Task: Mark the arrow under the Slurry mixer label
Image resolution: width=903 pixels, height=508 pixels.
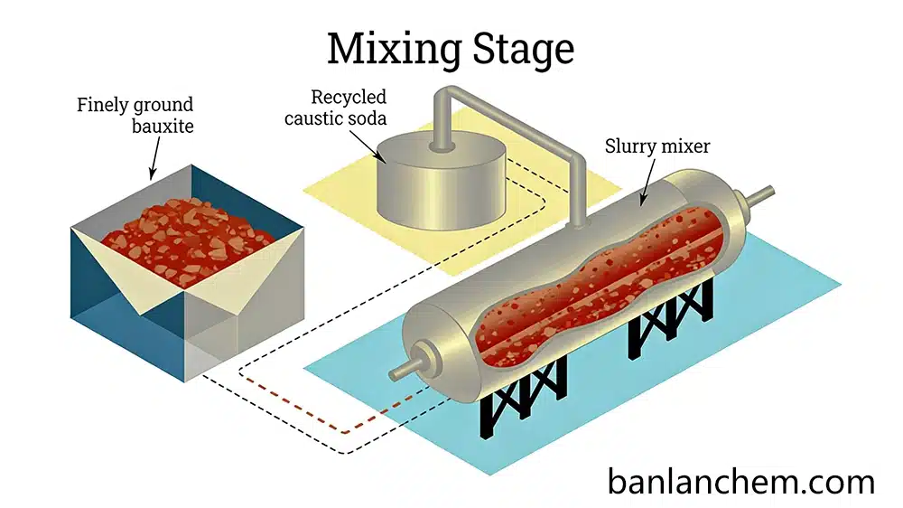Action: (647, 185)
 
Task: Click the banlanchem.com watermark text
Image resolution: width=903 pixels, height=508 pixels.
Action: (740, 480)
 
